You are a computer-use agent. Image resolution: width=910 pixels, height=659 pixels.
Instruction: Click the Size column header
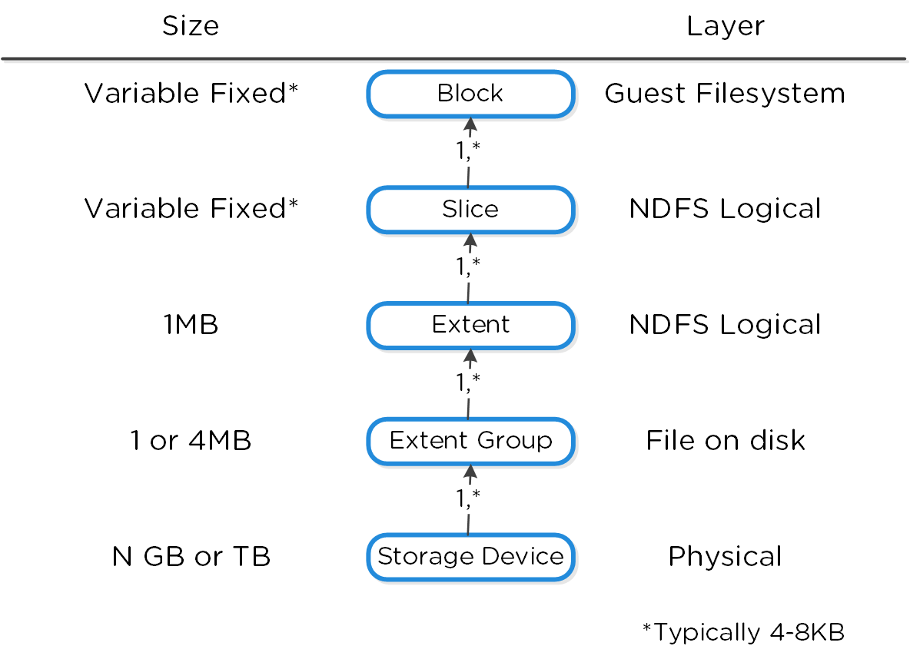[x=191, y=26]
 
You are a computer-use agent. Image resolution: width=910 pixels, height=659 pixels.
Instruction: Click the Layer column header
[x=725, y=26]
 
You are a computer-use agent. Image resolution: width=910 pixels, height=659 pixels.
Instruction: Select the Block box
[x=470, y=94]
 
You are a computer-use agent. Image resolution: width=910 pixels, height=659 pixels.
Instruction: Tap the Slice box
[x=470, y=209]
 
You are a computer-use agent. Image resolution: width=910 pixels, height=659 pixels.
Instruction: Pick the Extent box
[x=470, y=325]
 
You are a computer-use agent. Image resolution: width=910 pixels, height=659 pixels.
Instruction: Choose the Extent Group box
[x=470, y=441]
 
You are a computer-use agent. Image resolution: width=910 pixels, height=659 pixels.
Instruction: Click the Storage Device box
[x=470, y=556]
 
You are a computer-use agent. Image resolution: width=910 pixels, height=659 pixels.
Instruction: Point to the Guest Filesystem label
[x=725, y=94]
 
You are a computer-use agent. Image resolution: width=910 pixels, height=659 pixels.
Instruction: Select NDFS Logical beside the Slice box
[x=725, y=209]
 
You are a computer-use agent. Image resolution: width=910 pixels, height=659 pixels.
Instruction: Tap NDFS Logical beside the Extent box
[x=725, y=325]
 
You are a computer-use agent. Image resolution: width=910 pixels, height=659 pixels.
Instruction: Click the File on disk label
[x=725, y=441]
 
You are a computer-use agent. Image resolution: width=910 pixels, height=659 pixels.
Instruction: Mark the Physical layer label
[x=725, y=556]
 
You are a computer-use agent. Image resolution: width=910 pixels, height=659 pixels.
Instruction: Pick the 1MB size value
[x=191, y=325]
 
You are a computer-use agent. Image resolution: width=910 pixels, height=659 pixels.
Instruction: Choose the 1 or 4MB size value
[x=191, y=441]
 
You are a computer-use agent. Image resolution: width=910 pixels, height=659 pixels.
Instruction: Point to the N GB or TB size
[x=191, y=556]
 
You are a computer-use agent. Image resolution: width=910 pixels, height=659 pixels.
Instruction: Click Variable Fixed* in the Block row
[x=191, y=94]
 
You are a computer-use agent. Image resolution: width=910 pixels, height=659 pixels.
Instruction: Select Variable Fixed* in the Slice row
[x=191, y=209]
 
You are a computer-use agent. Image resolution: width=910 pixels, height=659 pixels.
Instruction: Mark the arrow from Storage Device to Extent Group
[x=469, y=499]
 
